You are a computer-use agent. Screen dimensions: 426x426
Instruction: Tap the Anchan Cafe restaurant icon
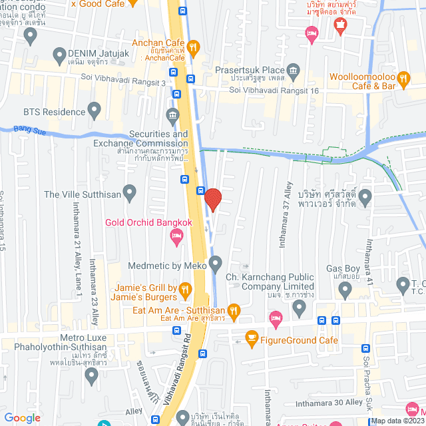(x=193, y=47)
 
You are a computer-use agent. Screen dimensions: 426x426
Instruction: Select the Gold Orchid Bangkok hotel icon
(x=176, y=235)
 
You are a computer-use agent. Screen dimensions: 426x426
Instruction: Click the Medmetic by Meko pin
(x=215, y=265)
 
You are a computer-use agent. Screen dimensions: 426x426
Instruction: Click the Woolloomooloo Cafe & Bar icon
(x=403, y=79)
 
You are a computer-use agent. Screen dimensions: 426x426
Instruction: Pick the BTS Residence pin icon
(x=94, y=108)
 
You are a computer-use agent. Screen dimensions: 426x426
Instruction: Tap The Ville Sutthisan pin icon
(x=130, y=194)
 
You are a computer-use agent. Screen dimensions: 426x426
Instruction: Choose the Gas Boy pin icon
(x=345, y=289)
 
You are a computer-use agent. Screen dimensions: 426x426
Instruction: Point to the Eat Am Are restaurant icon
(x=233, y=310)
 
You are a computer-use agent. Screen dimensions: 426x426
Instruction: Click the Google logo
(x=22, y=417)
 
